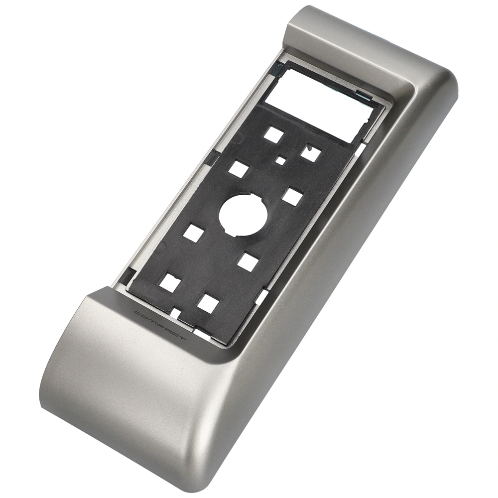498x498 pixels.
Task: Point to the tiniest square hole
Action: click(280, 160)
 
